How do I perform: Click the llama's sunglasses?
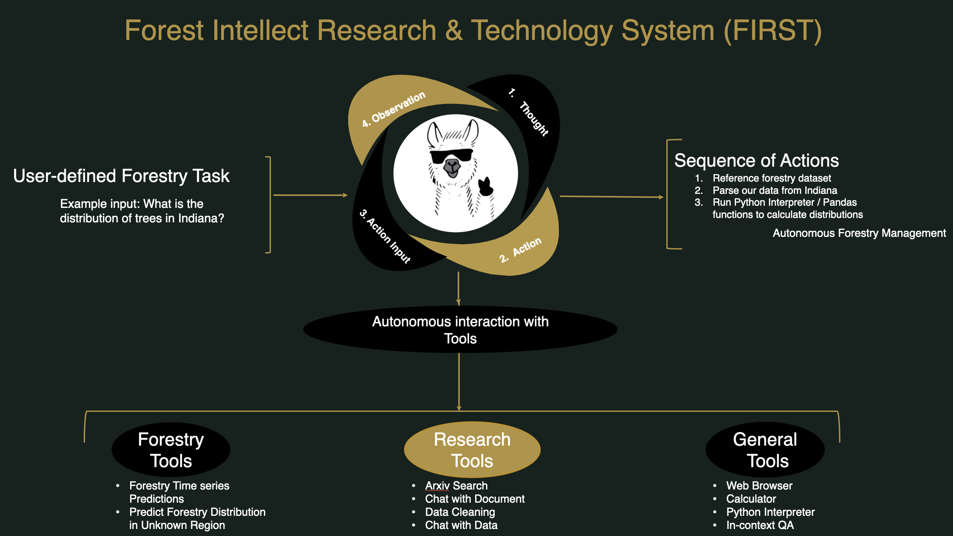[451, 156]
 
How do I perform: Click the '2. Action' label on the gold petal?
[521, 250]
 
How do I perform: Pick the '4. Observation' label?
[394, 109]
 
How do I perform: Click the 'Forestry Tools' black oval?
[171, 450]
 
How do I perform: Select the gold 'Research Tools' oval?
[472, 450]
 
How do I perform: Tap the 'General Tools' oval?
[765, 450]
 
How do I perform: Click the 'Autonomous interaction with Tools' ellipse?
[460, 330]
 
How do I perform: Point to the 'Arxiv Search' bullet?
[456, 486]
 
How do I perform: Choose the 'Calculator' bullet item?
[751, 499]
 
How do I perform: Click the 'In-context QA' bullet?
[760, 525]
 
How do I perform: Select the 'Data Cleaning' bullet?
[460, 512]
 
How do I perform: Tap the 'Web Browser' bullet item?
[759, 486]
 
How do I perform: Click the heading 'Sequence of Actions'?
[756, 161]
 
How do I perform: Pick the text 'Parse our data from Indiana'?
[775, 190]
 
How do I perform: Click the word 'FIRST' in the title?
[772, 31]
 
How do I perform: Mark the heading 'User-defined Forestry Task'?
[121, 176]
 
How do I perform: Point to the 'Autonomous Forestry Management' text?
[859, 233]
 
